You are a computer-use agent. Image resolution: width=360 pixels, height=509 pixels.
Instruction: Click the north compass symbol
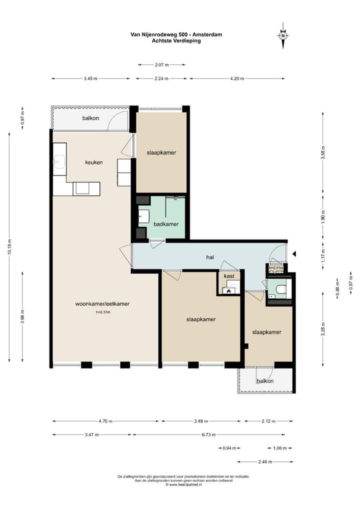point(283,35)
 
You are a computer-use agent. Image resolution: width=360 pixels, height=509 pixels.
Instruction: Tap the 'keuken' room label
point(94,162)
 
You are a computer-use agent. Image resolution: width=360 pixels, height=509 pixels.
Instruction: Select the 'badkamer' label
point(166,224)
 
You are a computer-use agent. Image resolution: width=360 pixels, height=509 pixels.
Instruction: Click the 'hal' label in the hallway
point(210,257)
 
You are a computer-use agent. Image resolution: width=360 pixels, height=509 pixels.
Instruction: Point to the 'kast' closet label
point(229,276)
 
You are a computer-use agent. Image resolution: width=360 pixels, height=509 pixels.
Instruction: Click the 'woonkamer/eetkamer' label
point(102,304)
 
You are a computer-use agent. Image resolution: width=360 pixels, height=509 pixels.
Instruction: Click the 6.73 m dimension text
point(208,434)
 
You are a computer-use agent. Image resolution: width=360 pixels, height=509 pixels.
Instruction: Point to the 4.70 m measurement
point(105,421)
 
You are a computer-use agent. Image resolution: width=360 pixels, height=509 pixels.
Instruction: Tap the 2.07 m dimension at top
point(161,64)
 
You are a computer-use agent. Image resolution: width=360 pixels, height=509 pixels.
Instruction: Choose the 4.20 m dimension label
point(237,78)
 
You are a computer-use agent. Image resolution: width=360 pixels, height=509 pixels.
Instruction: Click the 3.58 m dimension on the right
point(322,152)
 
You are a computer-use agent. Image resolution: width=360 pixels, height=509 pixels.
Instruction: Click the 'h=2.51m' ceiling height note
point(103,312)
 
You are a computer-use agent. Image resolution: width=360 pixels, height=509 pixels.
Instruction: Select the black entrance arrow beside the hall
point(294,254)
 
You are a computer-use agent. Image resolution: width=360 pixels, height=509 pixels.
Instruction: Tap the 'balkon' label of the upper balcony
point(90,118)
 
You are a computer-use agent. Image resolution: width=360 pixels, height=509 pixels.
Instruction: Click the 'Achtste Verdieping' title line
point(176,40)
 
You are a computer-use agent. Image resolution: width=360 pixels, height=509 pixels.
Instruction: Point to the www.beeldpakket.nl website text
point(183,484)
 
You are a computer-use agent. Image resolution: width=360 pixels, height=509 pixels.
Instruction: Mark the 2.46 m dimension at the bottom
point(265,461)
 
